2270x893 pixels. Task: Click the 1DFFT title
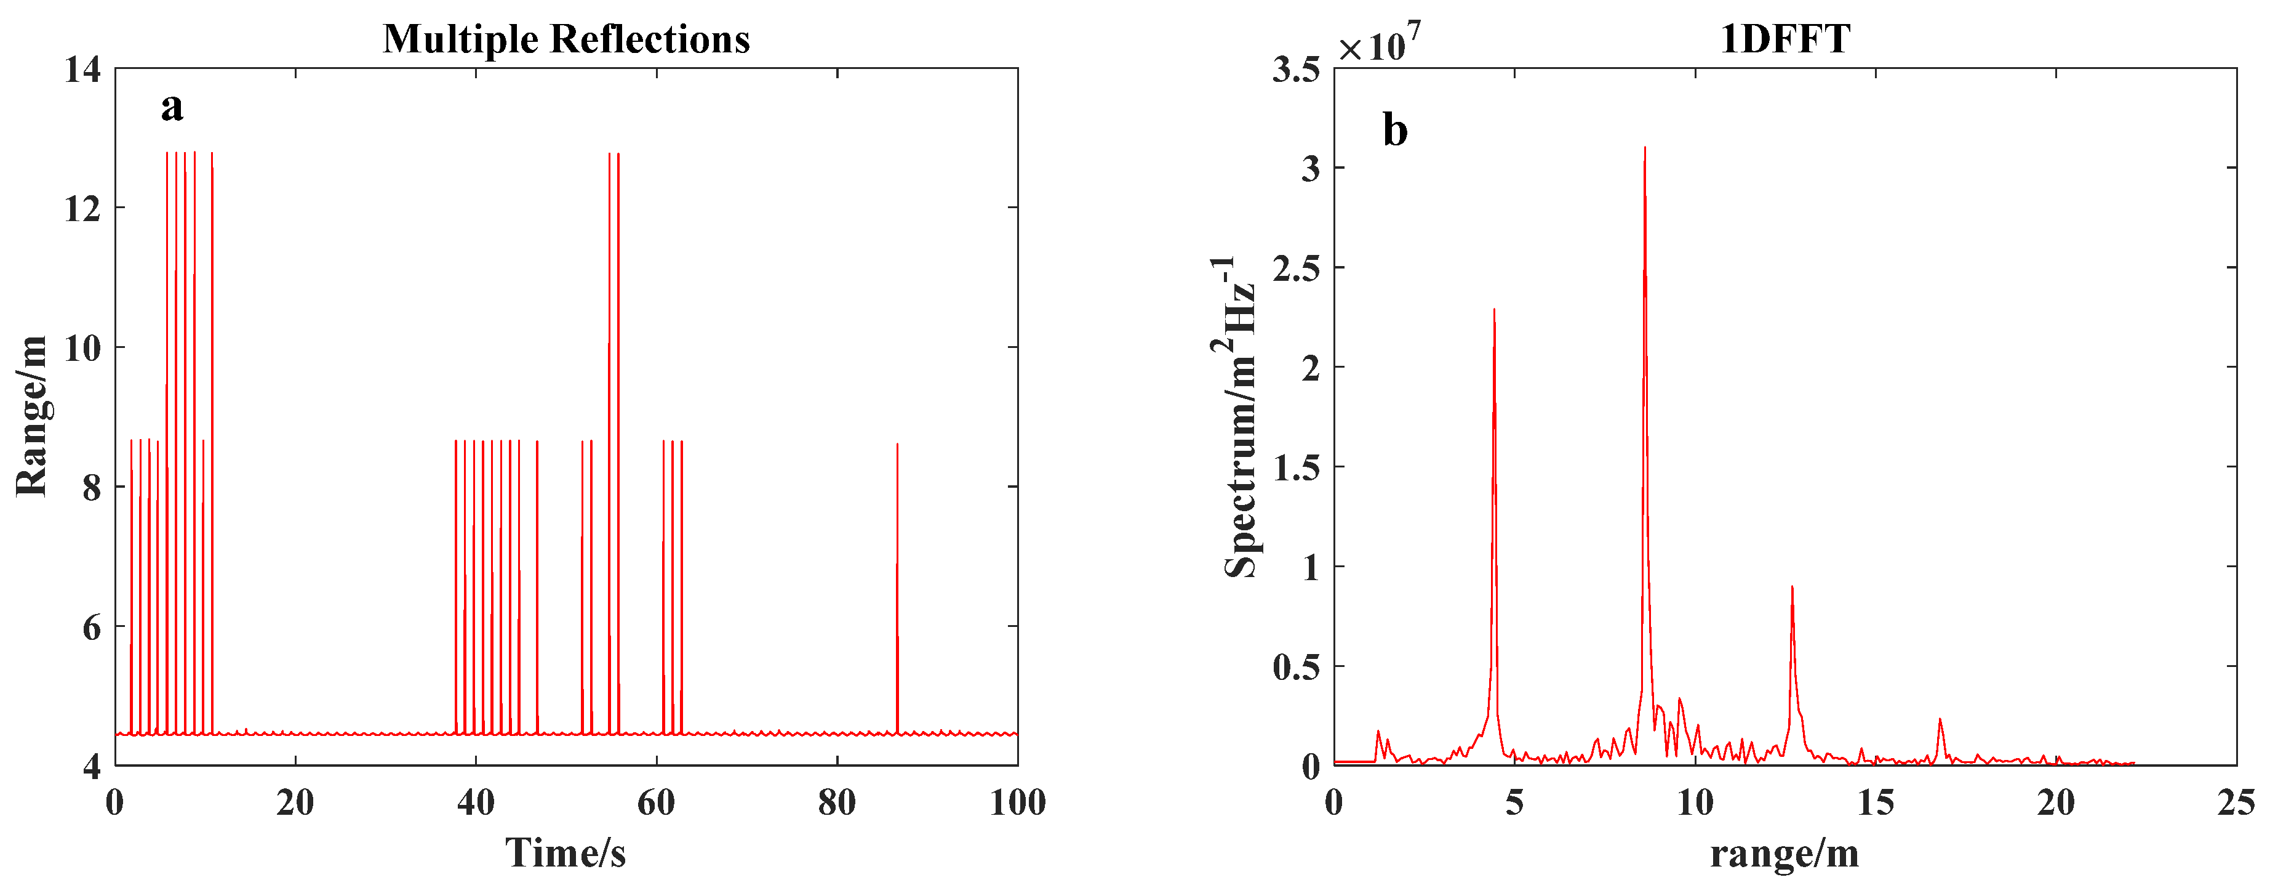(x=1785, y=39)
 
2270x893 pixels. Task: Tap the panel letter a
(x=172, y=108)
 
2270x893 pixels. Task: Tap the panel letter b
(x=1395, y=131)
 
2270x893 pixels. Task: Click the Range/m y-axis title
(x=32, y=416)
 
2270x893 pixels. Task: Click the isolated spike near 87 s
(x=897, y=446)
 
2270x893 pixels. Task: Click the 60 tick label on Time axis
(x=657, y=802)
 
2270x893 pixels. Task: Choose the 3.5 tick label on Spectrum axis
(x=1295, y=70)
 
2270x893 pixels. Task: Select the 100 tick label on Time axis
(x=1018, y=802)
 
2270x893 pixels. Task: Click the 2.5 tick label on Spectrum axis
(x=1295, y=268)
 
